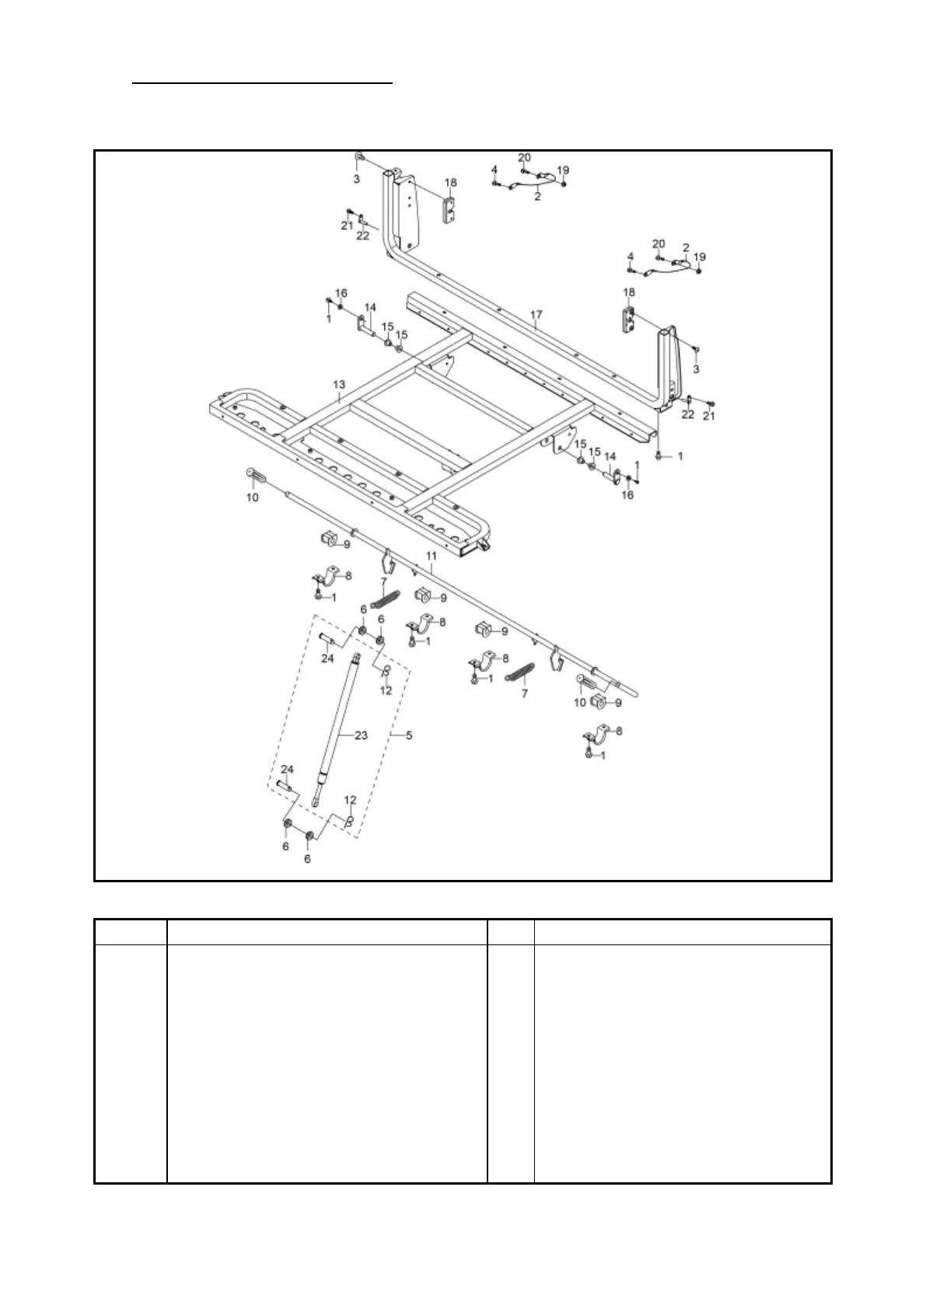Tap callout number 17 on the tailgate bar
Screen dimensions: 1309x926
point(536,316)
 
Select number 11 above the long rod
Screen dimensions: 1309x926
point(432,557)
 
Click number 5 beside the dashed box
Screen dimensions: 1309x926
point(409,735)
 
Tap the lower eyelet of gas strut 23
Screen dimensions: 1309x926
point(315,798)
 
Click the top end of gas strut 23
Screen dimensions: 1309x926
point(358,659)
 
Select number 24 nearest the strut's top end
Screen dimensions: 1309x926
point(327,658)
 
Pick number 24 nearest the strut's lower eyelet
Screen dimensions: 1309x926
point(287,769)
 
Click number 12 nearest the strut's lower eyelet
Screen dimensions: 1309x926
point(350,800)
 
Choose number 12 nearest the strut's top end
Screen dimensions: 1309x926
point(386,690)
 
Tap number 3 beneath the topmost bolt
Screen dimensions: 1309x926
point(356,179)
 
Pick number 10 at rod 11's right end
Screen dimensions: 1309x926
point(579,703)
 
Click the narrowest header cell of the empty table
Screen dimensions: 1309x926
point(511,932)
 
